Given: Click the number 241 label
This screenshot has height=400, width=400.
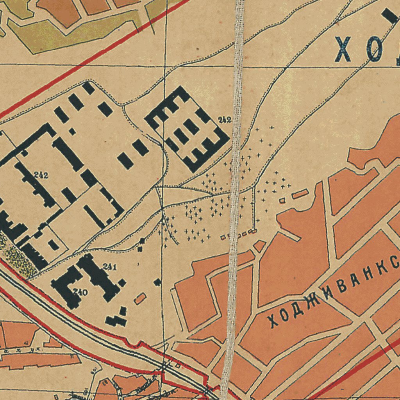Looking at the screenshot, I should [110, 267].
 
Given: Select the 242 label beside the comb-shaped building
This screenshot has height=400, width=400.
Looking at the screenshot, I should [225, 120].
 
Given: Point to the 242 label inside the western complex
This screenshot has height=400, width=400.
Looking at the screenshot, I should [41, 175].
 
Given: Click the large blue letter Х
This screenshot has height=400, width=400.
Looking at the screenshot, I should [343, 49].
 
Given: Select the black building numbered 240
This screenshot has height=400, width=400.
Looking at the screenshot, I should [66, 287].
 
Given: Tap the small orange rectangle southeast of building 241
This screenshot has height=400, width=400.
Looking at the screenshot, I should [140, 299].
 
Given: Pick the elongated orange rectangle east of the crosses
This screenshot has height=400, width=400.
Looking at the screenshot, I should [300, 194].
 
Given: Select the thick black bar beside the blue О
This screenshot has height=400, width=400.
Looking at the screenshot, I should [391, 17].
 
